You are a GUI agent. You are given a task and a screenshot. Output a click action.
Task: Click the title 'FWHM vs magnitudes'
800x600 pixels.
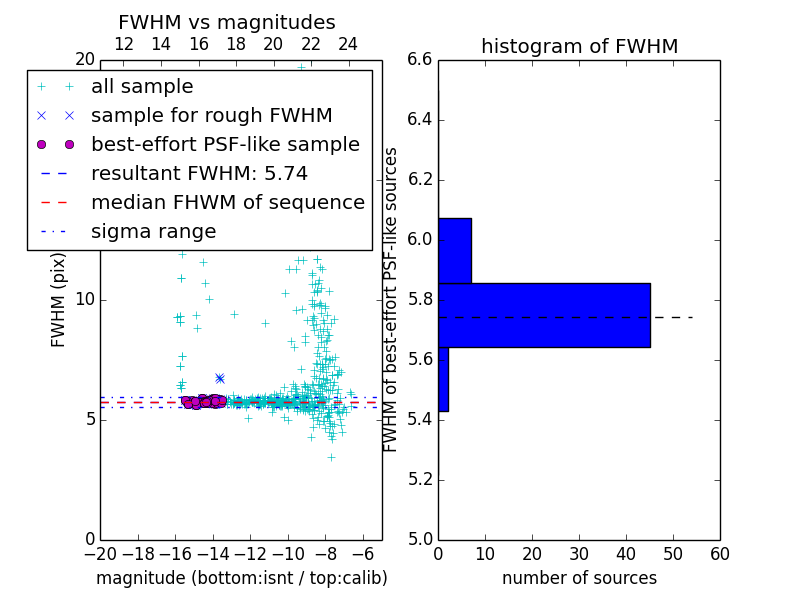tap(226, 23)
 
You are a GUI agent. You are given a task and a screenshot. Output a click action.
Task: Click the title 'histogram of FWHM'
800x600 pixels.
tap(579, 47)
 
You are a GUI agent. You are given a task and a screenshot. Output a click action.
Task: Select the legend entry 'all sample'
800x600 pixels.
tap(142, 87)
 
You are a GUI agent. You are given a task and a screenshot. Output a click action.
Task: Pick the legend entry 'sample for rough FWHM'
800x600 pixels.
tap(211, 116)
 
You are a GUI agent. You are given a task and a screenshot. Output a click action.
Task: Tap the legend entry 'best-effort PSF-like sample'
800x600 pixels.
tap(225, 145)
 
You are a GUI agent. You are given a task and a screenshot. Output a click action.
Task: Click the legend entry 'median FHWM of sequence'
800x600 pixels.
tap(227, 202)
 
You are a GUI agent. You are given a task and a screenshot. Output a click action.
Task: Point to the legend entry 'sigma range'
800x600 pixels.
tap(153, 232)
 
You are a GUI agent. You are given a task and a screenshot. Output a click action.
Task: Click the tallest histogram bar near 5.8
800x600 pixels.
tap(544, 315)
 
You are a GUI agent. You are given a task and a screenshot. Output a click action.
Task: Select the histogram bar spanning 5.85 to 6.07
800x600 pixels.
tap(454, 250)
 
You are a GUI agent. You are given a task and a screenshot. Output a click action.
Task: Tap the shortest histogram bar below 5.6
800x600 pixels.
tap(443, 379)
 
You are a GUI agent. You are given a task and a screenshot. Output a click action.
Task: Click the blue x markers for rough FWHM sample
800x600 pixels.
tap(219, 378)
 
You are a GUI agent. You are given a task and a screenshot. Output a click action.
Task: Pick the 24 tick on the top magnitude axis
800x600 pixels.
tap(348, 45)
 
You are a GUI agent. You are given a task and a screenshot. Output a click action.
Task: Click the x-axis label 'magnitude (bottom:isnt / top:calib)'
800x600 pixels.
tap(241, 578)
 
